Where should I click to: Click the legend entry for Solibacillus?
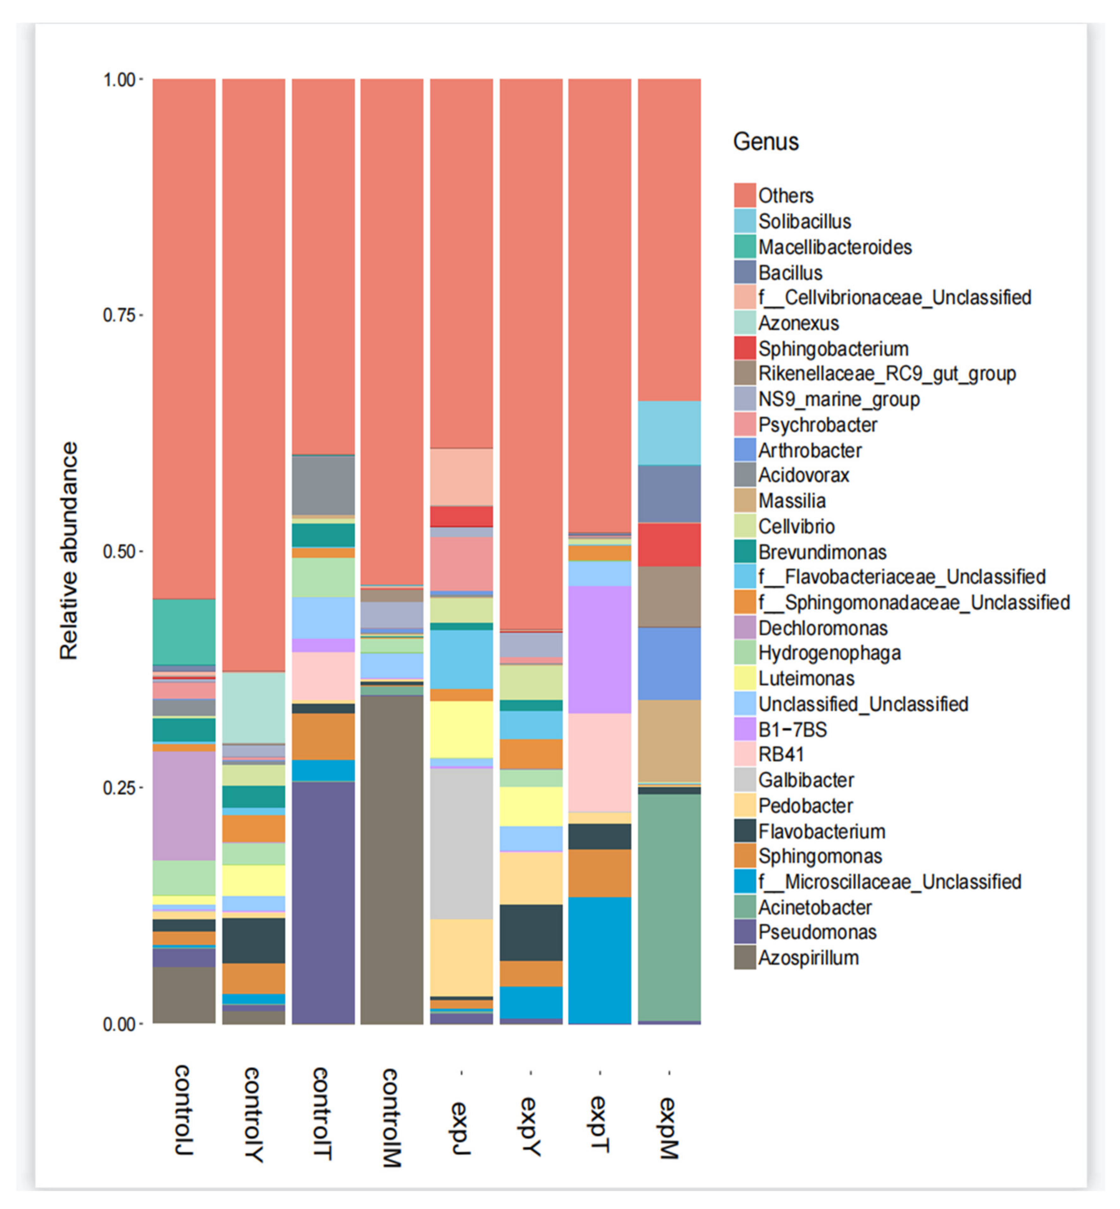[x=804, y=222]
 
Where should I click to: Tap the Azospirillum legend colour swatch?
[x=745, y=958]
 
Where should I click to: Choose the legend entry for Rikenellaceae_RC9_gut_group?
[x=887, y=374]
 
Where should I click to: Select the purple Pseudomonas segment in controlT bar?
[x=323, y=903]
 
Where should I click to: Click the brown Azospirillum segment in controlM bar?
[x=392, y=861]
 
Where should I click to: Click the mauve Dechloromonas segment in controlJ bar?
[x=184, y=806]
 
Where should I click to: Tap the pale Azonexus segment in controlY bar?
[x=253, y=708]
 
